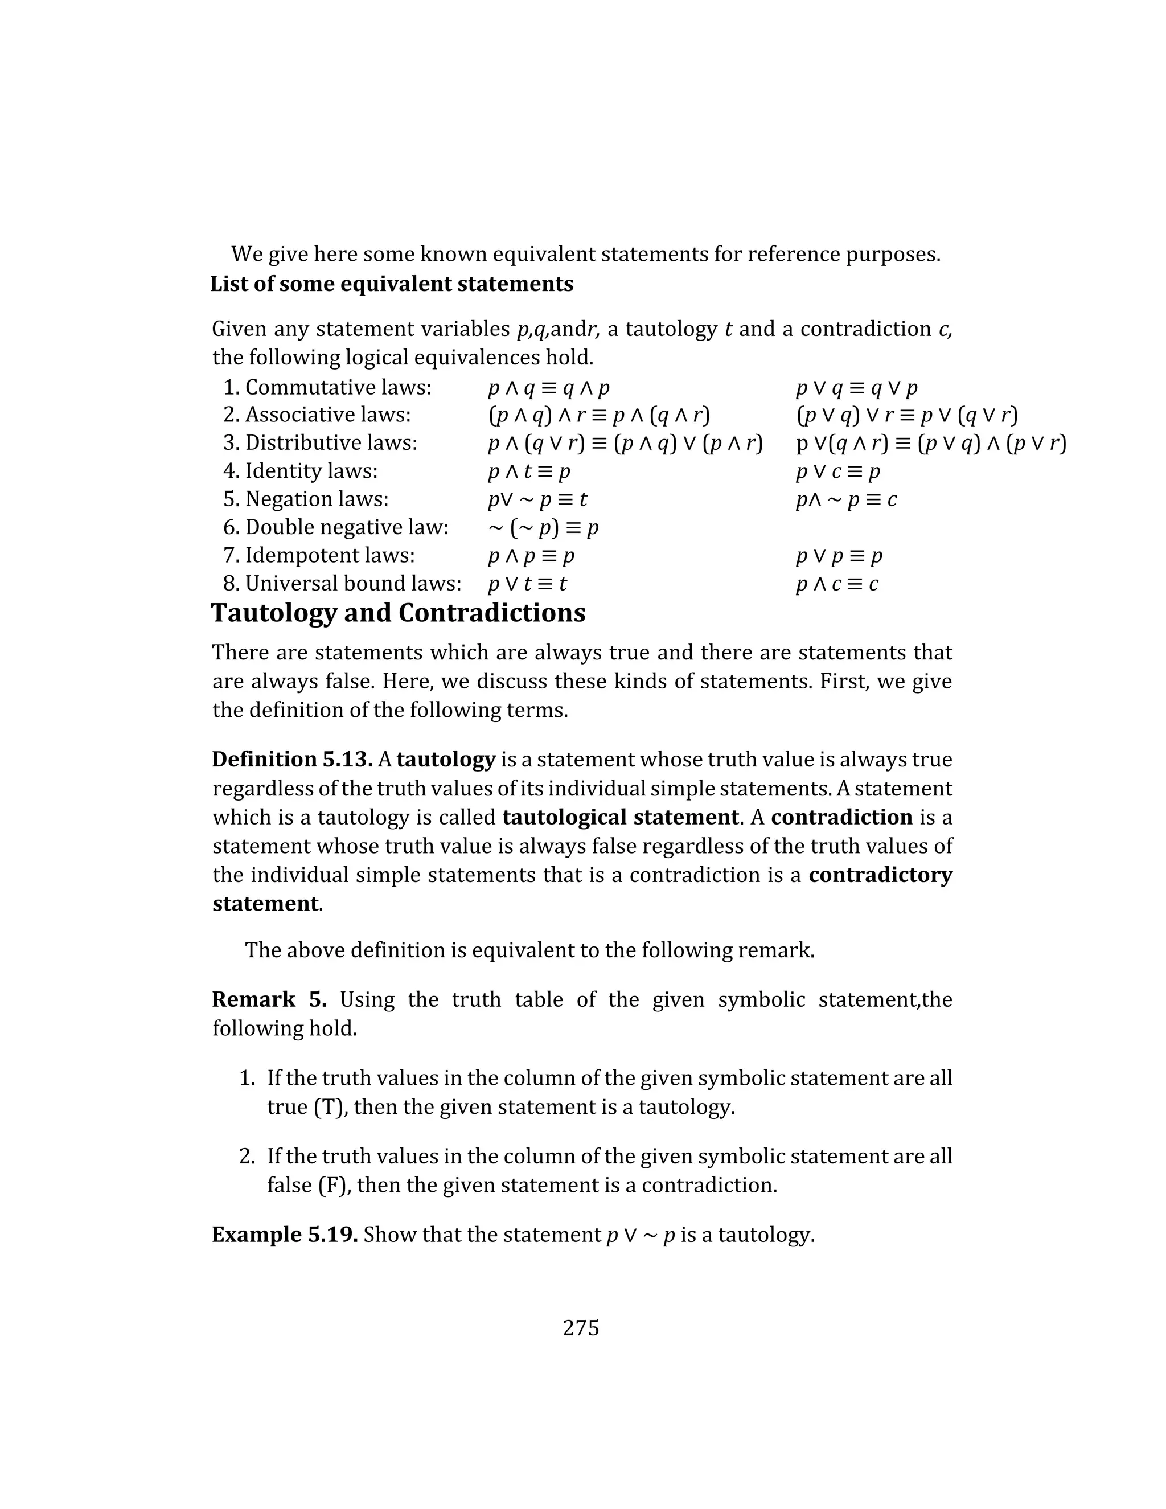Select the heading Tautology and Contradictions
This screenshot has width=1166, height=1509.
tap(398, 613)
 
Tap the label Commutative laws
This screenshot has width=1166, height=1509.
tap(338, 388)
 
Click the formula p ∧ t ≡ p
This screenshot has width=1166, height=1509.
tap(529, 472)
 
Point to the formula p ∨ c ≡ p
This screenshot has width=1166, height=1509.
tap(838, 472)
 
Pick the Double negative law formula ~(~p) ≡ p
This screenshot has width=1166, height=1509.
tap(543, 528)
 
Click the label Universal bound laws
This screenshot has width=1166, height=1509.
tap(352, 584)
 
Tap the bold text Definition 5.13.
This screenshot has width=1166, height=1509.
tap(292, 759)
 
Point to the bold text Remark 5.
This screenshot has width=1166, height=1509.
tap(269, 999)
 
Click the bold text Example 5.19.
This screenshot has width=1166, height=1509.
tap(285, 1235)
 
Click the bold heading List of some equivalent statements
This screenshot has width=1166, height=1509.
tap(392, 284)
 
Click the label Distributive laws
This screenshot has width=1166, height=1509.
tap(331, 444)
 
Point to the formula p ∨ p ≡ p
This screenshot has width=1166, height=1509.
tap(839, 556)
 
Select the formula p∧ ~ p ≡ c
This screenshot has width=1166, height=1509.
tap(846, 499)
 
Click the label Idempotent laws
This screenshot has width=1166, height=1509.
tap(330, 556)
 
